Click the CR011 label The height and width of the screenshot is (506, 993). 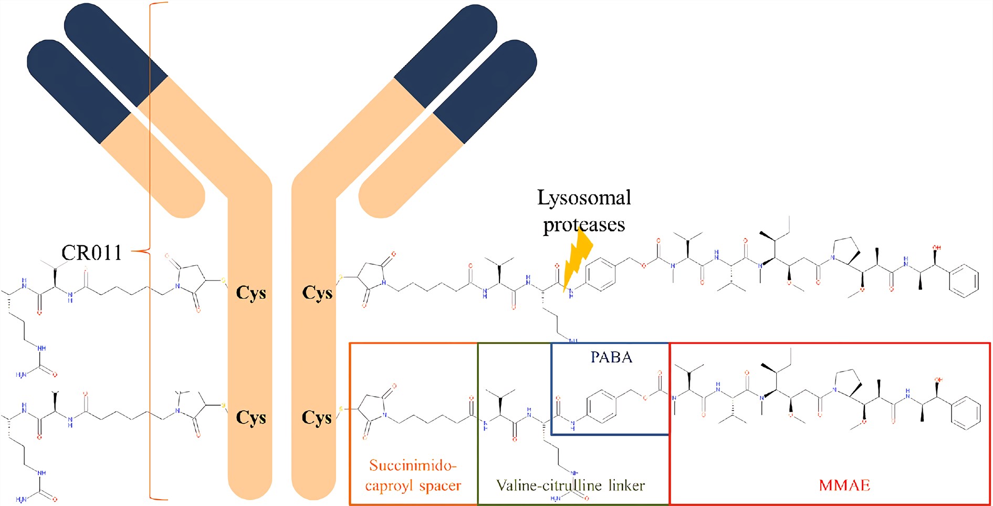point(92,253)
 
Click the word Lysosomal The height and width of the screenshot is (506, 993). point(584,198)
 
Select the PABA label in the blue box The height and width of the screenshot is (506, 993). point(611,357)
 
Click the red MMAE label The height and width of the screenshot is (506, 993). point(844,485)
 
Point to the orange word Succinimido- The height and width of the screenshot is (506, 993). point(413,466)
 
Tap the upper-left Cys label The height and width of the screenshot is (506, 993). point(251,293)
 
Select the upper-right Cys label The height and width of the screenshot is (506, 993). point(317,293)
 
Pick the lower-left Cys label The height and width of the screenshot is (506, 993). point(251,417)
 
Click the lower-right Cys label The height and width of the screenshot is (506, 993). point(317,417)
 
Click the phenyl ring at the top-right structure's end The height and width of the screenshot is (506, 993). point(964,280)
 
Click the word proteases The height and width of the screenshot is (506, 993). point(584,225)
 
